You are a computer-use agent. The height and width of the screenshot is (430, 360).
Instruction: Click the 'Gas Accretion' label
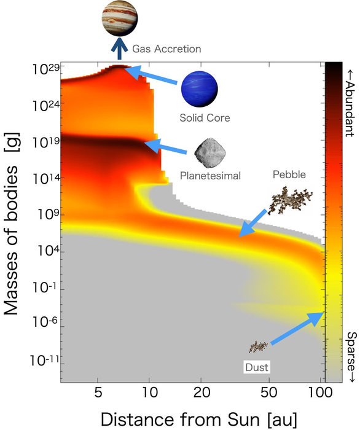tap(166, 48)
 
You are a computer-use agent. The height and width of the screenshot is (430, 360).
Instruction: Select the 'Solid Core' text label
tap(205, 117)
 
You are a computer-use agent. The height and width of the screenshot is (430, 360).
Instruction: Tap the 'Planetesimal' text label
tap(209, 176)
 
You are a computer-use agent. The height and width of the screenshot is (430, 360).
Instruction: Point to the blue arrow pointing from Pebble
tap(254, 223)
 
